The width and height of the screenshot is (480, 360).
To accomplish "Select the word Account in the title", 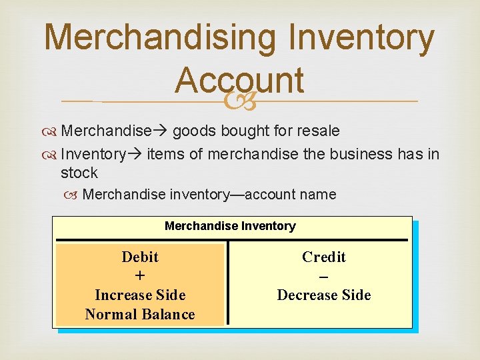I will pyautogui.click(x=239, y=81).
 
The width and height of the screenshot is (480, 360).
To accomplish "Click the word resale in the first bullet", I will pyautogui.click(x=316, y=131).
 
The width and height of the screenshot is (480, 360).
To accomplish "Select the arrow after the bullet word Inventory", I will pyautogui.click(x=135, y=155).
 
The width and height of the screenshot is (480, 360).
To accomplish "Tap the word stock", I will pyautogui.click(x=79, y=173).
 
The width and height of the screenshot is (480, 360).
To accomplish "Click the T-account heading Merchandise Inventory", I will pyautogui.click(x=230, y=226).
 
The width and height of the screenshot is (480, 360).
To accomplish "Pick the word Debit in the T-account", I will pyautogui.click(x=140, y=257).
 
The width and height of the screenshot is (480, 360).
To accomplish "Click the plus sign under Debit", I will pyautogui.click(x=140, y=276).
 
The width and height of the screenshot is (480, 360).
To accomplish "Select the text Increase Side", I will pyautogui.click(x=140, y=295).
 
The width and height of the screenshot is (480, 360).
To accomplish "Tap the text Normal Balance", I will pyautogui.click(x=140, y=314).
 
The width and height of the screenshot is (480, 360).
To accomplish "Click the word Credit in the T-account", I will pyautogui.click(x=324, y=257).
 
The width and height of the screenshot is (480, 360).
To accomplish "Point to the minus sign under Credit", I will pyautogui.click(x=324, y=276).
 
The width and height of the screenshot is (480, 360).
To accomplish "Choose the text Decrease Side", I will pyautogui.click(x=324, y=295).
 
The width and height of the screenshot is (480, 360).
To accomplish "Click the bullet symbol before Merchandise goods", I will pyautogui.click(x=52, y=131).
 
